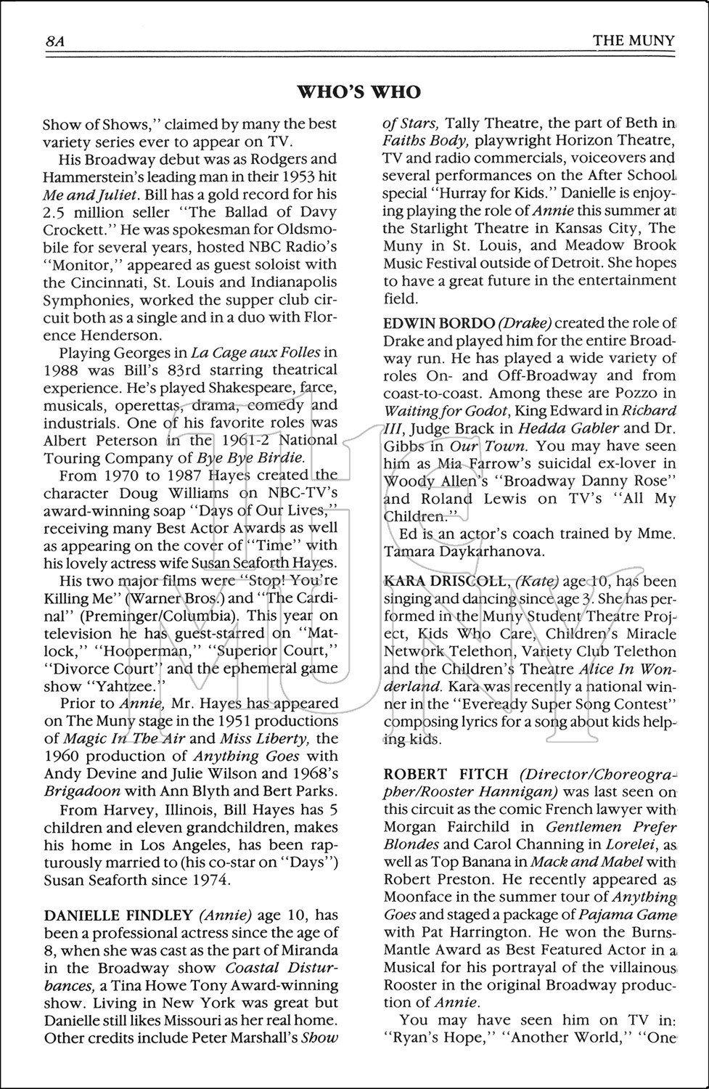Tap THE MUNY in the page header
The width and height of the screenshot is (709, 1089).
(x=633, y=41)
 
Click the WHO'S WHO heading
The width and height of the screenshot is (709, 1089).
(x=359, y=92)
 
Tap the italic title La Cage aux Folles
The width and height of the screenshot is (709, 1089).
(x=255, y=353)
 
